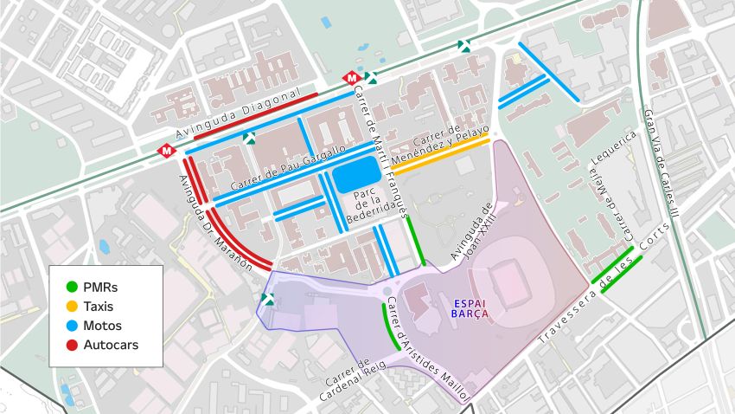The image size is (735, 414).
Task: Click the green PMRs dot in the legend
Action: click(x=72, y=287)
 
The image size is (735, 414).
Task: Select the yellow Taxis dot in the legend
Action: click(x=72, y=306)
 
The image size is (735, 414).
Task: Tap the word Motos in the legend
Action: click(x=103, y=326)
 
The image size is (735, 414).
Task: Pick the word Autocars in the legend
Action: click(x=111, y=345)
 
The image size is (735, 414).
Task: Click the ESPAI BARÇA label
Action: click(x=470, y=307)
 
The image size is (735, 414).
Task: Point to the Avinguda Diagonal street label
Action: click(x=237, y=113)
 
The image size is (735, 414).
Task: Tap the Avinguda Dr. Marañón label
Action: click(x=213, y=223)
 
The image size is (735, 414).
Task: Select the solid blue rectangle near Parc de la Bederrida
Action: click(x=355, y=175)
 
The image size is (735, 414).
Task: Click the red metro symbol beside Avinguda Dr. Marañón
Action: click(x=164, y=150)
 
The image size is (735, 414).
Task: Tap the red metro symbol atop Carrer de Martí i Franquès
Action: click(x=351, y=78)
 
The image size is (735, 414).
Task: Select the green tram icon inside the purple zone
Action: click(x=268, y=299)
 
